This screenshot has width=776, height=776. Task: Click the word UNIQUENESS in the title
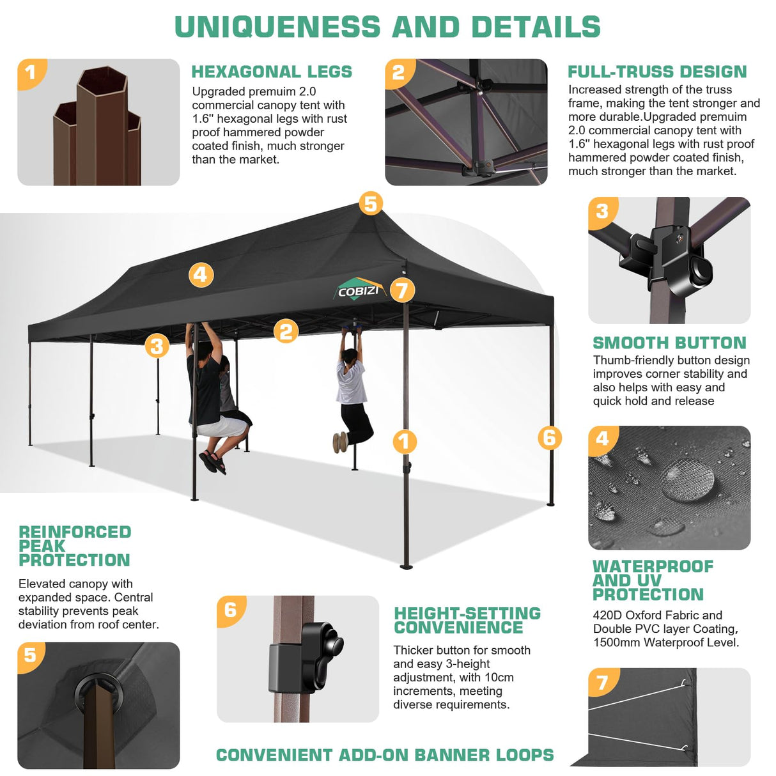(277, 27)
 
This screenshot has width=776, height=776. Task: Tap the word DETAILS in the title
(536, 27)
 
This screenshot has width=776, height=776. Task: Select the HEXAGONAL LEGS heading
(272, 72)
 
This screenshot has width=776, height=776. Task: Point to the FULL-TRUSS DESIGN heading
(657, 72)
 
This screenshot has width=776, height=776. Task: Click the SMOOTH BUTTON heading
(669, 343)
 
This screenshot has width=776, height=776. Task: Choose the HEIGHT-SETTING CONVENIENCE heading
(467, 621)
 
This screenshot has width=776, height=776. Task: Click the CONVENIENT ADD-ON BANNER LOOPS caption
(385, 755)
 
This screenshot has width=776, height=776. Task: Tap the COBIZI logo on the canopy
(359, 290)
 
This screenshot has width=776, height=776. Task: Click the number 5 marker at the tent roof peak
(371, 204)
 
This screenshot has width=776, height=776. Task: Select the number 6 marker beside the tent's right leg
(550, 438)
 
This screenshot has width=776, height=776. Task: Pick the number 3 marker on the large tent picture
(157, 346)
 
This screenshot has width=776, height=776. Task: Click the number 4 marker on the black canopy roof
(201, 275)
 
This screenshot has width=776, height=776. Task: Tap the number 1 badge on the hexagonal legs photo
(31, 72)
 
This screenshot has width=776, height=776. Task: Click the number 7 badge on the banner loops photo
(602, 683)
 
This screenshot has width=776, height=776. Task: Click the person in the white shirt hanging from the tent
(352, 390)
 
